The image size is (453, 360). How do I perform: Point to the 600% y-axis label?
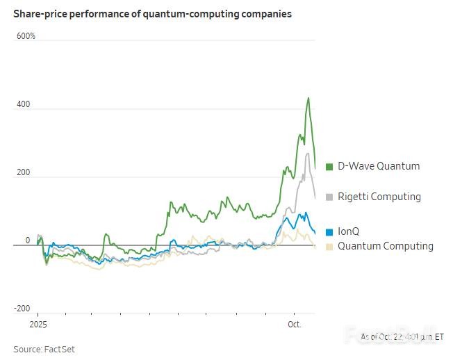[26, 35]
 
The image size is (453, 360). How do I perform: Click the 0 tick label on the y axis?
[28, 240]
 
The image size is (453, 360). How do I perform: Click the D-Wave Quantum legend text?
[379, 166]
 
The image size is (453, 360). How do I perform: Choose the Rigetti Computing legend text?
[379, 197]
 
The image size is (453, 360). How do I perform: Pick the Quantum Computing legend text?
[385, 246]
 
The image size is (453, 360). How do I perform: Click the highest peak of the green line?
[308, 98]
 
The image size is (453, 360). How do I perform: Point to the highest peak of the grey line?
[308, 153]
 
